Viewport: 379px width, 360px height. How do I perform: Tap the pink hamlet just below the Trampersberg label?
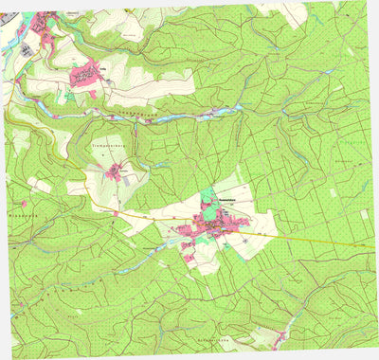117,171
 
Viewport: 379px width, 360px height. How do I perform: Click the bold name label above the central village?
232,201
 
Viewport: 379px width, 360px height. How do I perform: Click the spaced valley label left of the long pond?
137,112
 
